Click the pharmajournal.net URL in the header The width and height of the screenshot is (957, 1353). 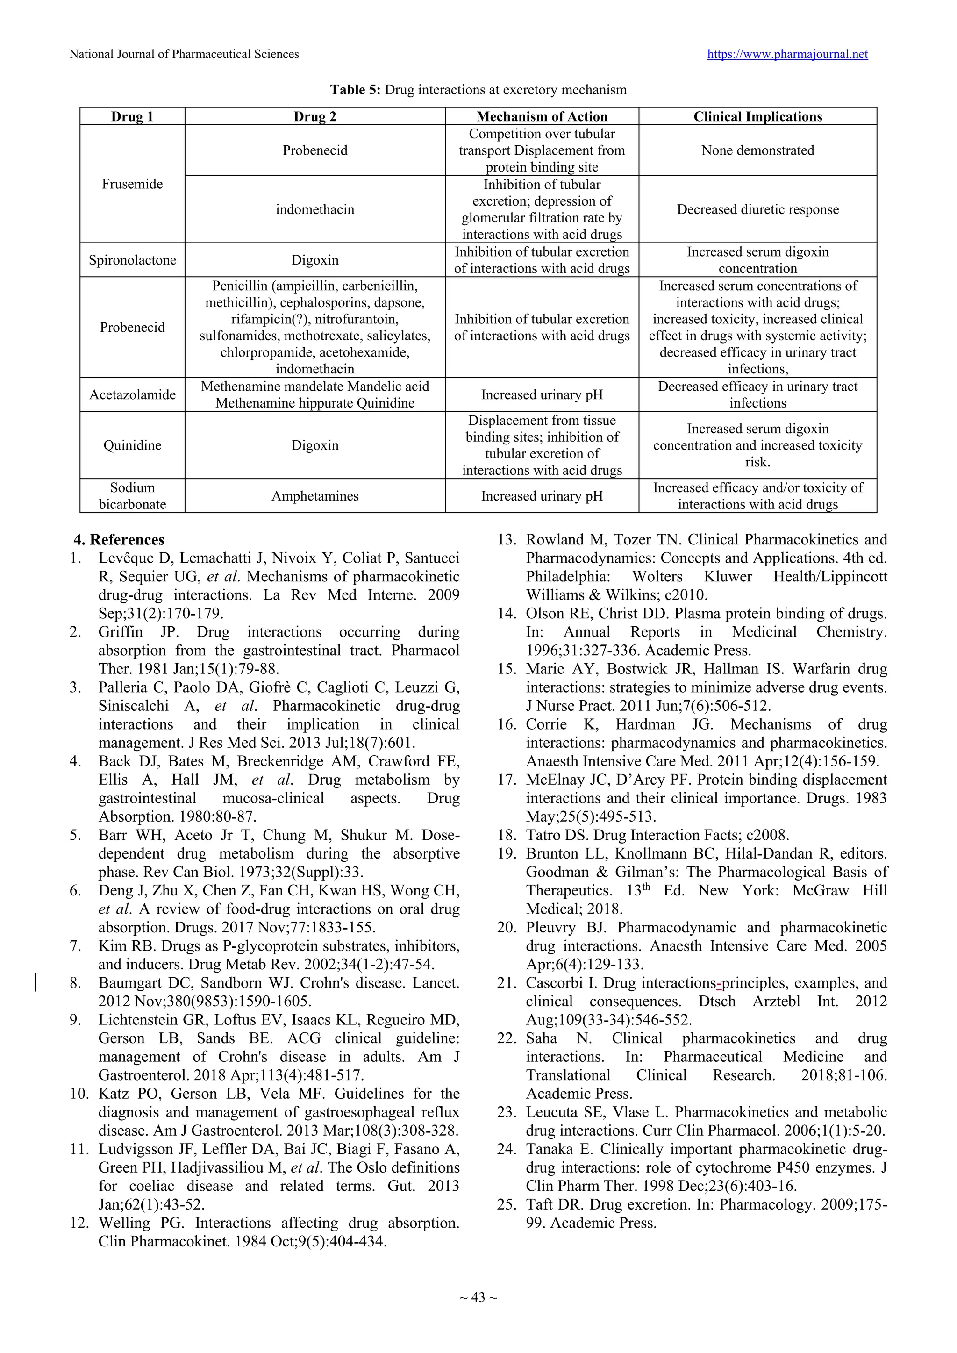click(787, 54)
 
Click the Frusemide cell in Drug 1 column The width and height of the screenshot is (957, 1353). click(132, 184)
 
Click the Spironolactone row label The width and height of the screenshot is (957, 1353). click(132, 260)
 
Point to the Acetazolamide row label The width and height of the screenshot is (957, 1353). click(132, 394)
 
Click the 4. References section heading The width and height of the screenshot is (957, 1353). click(119, 540)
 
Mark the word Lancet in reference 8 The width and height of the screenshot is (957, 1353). click(436, 982)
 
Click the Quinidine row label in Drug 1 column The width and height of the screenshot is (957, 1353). click(132, 445)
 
